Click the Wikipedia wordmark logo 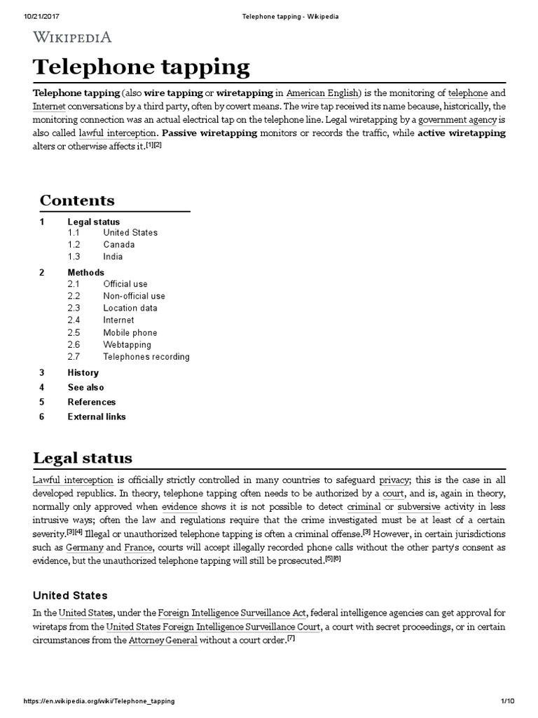(x=72, y=36)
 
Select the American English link (x=323, y=93)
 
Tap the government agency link (x=456, y=119)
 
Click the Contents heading (x=77, y=200)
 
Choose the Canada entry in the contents (x=119, y=245)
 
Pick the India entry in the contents (x=113, y=257)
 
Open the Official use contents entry (x=125, y=284)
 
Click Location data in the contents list (x=130, y=308)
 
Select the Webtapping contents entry (x=127, y=344)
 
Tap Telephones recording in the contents (x=146, y=356)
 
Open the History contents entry (x=83, y=372)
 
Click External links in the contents (x=97, y=416)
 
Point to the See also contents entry (x=85, y=387)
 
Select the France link (x=139, y=547)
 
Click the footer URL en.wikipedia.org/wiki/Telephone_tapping (x=99, y=701)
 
